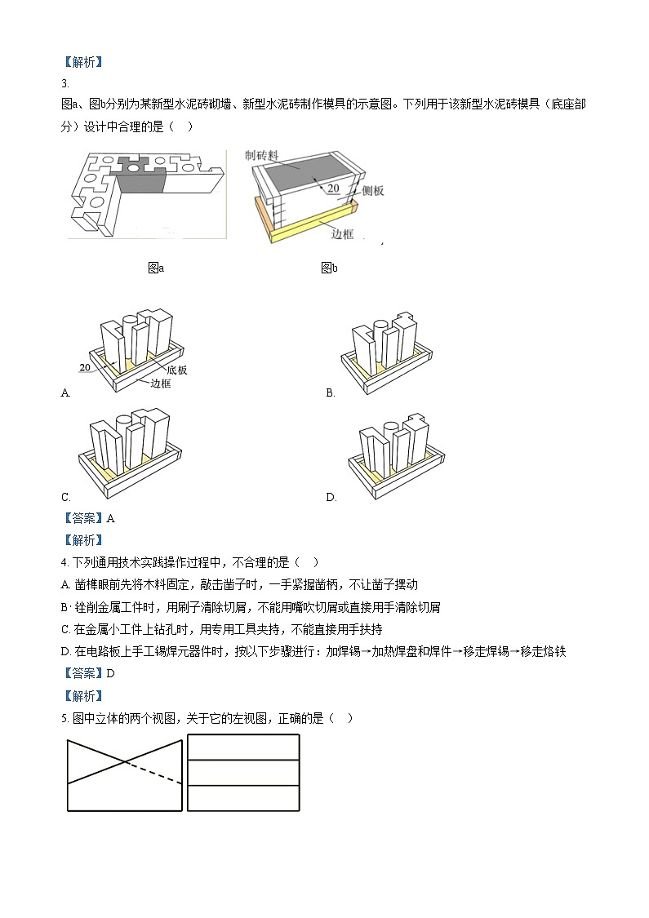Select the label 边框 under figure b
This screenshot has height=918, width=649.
[343, 233]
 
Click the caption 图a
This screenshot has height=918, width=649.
[155, 268]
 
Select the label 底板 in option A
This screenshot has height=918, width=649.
[176, 370]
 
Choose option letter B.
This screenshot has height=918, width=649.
[331, 392]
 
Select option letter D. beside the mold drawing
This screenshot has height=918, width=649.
[331, 497]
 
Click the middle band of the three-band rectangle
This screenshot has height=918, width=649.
[243, 773]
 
